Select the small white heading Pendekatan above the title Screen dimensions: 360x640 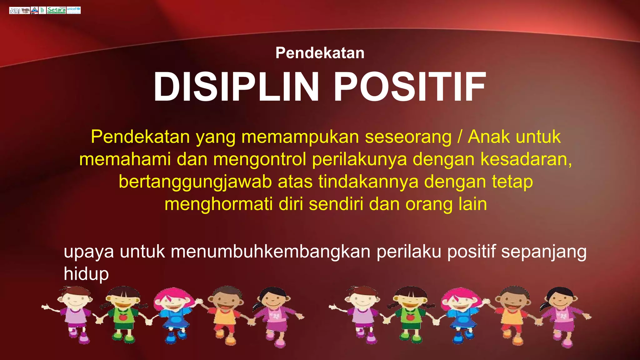[320, 53]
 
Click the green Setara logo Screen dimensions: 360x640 [56, 10]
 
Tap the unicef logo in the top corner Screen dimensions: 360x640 [73, 10]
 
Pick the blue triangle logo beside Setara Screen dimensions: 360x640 [34, 10]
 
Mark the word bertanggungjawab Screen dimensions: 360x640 [195, 182]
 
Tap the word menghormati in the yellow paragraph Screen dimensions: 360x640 [218, 204]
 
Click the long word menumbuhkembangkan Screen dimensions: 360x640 [271, 252]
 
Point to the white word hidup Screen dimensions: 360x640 [86, 274]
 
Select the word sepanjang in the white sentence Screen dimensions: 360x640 [544, 252]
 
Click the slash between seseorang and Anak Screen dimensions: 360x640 [459, 137]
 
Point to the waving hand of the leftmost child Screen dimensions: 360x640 [46, 307]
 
